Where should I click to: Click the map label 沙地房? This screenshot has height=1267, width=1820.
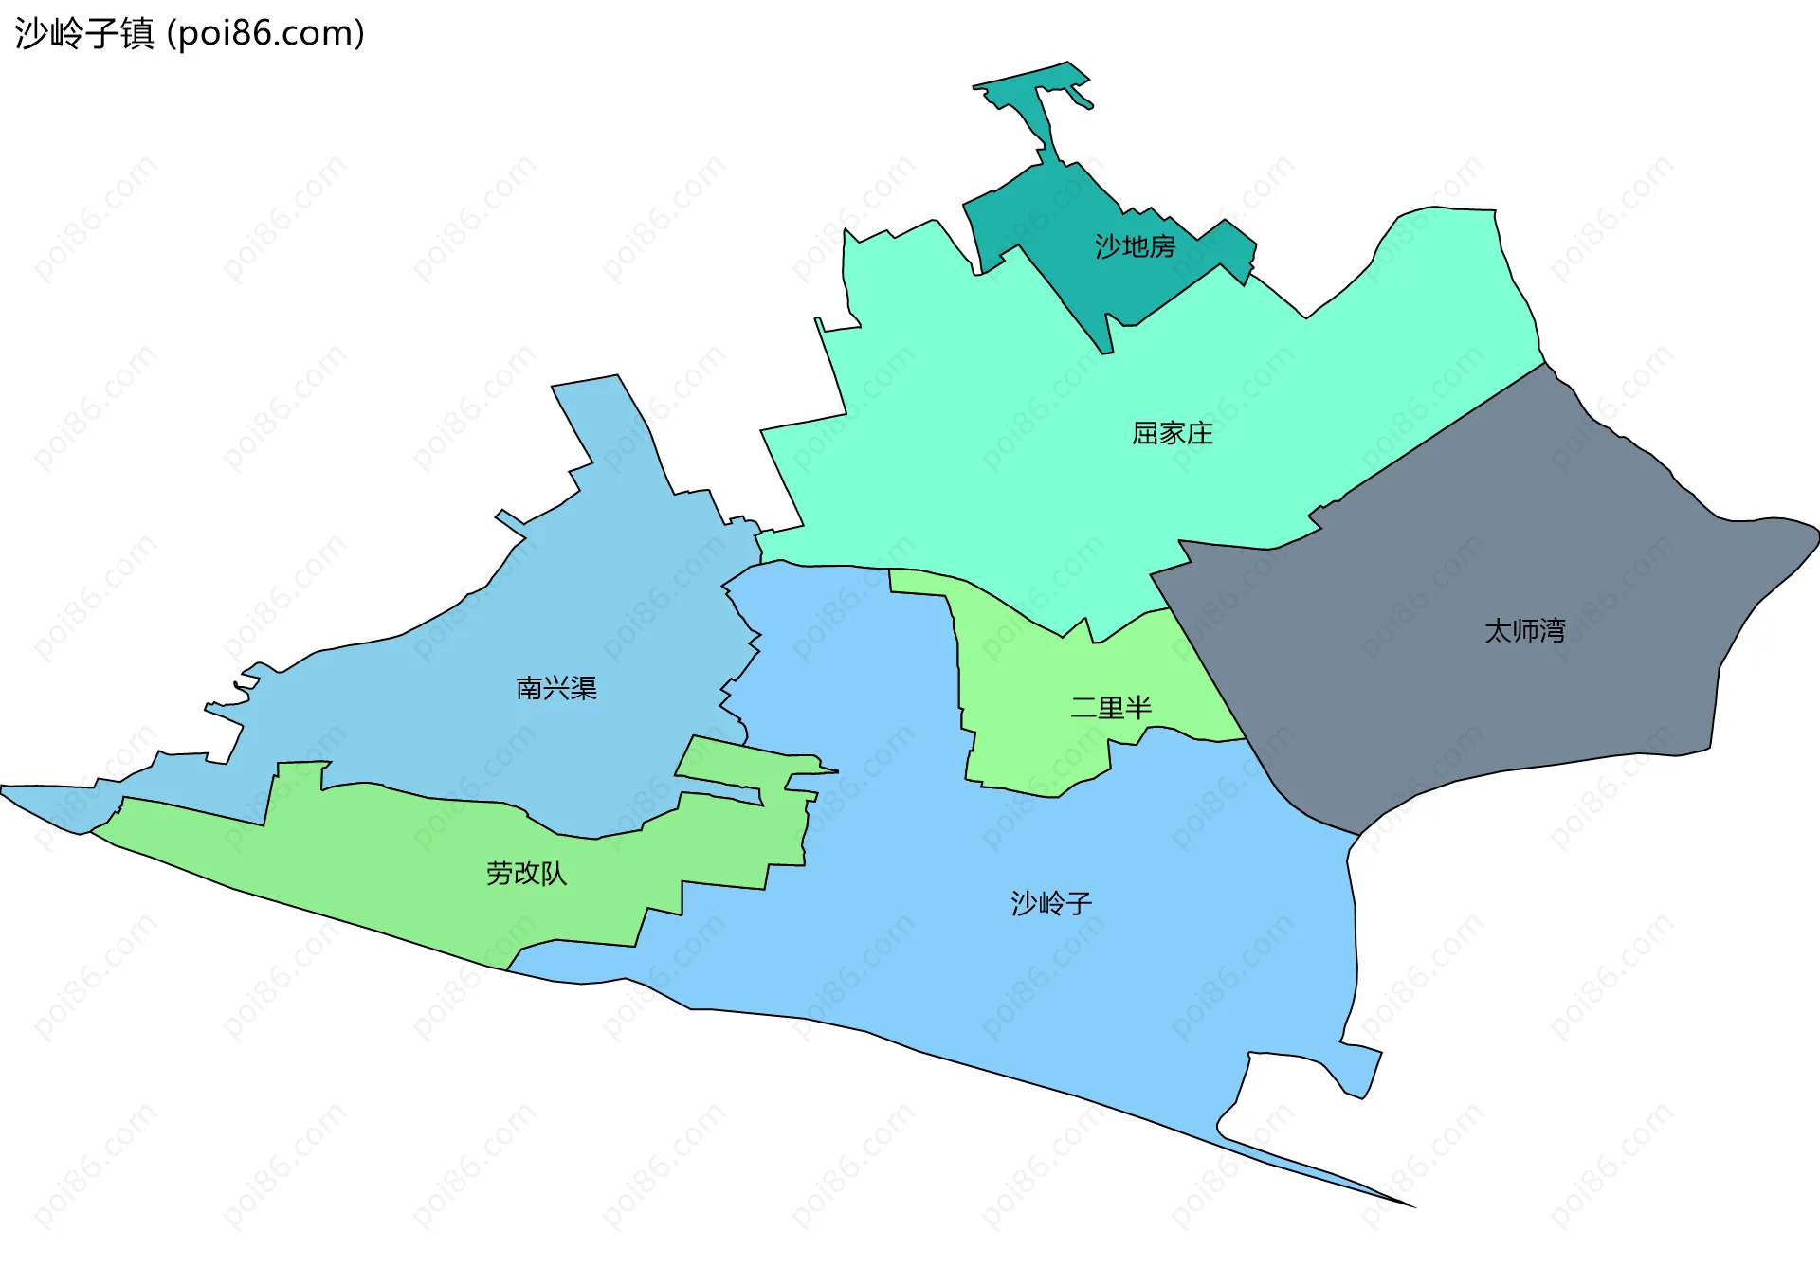1135,246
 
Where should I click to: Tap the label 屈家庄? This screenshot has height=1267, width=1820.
1173,433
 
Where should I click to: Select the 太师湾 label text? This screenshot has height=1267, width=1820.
1524,630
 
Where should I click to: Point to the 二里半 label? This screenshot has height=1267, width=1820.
1110,707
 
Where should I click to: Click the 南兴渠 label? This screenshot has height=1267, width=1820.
556,688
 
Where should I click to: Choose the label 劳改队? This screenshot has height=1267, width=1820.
526,873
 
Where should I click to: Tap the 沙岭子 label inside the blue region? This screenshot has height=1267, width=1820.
1051,903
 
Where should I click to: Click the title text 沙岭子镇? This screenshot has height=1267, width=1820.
84,33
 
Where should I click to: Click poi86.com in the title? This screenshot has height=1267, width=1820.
265,33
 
